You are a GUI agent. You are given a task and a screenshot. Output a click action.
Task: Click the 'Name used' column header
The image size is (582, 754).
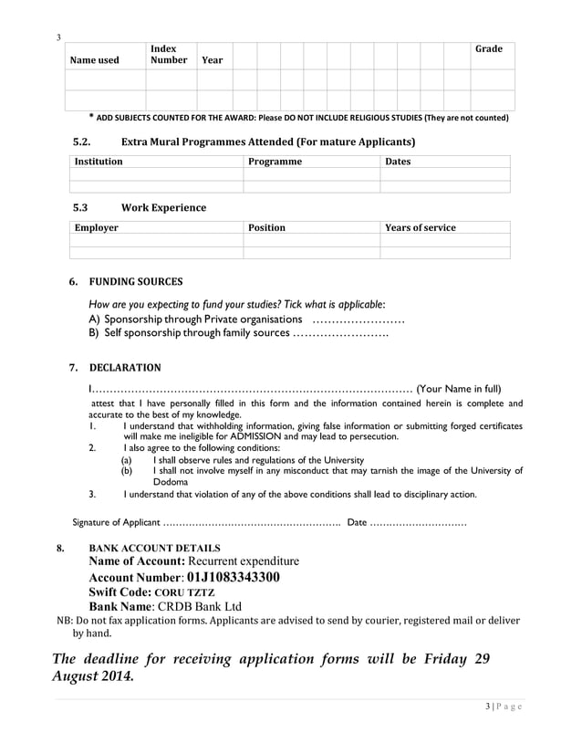pos(95,60)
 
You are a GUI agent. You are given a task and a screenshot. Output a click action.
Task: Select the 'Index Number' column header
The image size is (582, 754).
pos(169,54)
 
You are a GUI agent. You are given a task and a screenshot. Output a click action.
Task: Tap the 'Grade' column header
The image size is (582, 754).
pos(489,48)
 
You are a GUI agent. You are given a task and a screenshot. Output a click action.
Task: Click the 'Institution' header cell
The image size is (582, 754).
pos(99,162)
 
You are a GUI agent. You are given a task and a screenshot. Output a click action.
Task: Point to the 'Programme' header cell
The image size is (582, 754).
pos(275,162)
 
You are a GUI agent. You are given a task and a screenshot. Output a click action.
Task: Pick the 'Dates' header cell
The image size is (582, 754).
pos(399,162)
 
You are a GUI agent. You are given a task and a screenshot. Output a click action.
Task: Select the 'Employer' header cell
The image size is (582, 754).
pos(96,227)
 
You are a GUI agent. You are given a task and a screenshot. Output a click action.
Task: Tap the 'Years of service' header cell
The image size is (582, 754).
pos(421,227)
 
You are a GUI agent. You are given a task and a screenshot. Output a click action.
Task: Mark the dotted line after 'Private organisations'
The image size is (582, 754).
pos(359,319)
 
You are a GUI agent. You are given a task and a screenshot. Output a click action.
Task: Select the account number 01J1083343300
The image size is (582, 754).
pos(234,578)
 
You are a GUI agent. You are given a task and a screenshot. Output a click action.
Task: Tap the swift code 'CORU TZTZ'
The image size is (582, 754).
pos(183,592)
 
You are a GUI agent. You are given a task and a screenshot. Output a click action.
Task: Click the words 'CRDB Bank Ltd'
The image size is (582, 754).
pos(201,606)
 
